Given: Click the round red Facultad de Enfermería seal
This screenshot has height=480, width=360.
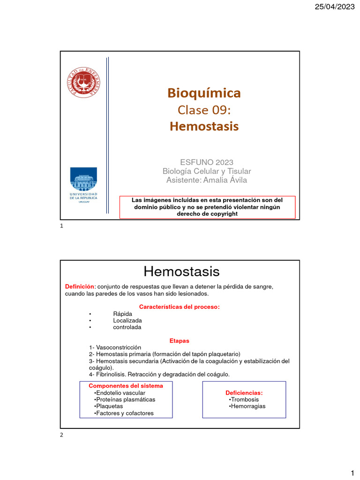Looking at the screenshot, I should pyautogui.click(x=83, y=82).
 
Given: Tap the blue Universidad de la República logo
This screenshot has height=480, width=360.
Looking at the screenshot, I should pyautogui.click(x=83, y=183).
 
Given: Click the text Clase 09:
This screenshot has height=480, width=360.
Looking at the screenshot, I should pyautogui.click(x=204, y=110).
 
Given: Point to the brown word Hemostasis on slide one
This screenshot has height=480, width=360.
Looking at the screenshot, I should pyautogui.click(x=204, y=126).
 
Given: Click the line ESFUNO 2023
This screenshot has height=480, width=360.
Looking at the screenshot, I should pyautogui.click(x=207, y=163).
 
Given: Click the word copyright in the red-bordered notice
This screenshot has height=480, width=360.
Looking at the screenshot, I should pyautogui.click(x=222, y=214).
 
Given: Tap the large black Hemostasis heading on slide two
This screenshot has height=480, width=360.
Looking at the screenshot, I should pyautogui.click(x=181, y=271).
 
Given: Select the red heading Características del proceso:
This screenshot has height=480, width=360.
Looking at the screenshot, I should pyautogui.click(x=180, y=307).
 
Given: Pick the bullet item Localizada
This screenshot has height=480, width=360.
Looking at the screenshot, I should pyautogui.click(x=127, y=320).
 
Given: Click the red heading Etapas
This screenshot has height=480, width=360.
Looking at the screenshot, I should pyautogui.click(x=179, y=340).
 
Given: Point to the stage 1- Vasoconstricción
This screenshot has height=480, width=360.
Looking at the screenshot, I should pyautogui.click(x=115, y=347).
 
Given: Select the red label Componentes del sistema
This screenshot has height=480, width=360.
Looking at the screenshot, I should pyautogui.click(x=126, y=386).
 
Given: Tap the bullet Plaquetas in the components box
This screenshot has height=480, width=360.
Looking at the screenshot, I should pyautogui.click(x=109, y=406).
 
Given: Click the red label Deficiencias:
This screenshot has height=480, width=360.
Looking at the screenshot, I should pyautogui.click(x=244, y=392).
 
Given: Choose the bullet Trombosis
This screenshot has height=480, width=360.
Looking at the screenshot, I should pyautogui.click(x=245, y=399).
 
